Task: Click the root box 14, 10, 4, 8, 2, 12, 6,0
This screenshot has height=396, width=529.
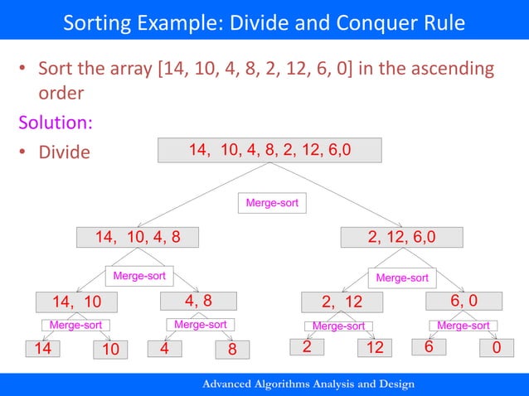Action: click(x=269, y=150)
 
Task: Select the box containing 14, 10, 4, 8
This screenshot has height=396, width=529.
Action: click(x=139, y=238)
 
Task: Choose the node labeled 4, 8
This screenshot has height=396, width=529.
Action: click(x=197, y=301)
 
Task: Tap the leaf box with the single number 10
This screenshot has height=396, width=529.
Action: click(x=111, y=349)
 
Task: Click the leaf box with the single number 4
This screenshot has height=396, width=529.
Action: click(x=166, y=349)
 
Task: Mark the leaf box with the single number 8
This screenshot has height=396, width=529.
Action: click(x=233, y=349)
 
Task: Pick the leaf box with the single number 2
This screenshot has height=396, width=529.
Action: click(x=307, y=348)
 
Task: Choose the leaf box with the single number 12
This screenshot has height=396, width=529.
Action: click(x=375, y=348)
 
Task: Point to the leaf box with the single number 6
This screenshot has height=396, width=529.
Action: click(x=429, y=348)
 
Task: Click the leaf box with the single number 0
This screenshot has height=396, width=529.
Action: click(x=497, y=349)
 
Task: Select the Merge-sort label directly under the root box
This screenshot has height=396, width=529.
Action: click(x=272, y=202)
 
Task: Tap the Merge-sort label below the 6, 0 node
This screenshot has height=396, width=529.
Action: click(x=463, y=326)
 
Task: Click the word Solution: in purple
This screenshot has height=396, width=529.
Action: click(x=56, y=123)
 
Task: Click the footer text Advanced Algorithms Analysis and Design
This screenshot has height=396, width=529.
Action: click(x=308, y=384)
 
